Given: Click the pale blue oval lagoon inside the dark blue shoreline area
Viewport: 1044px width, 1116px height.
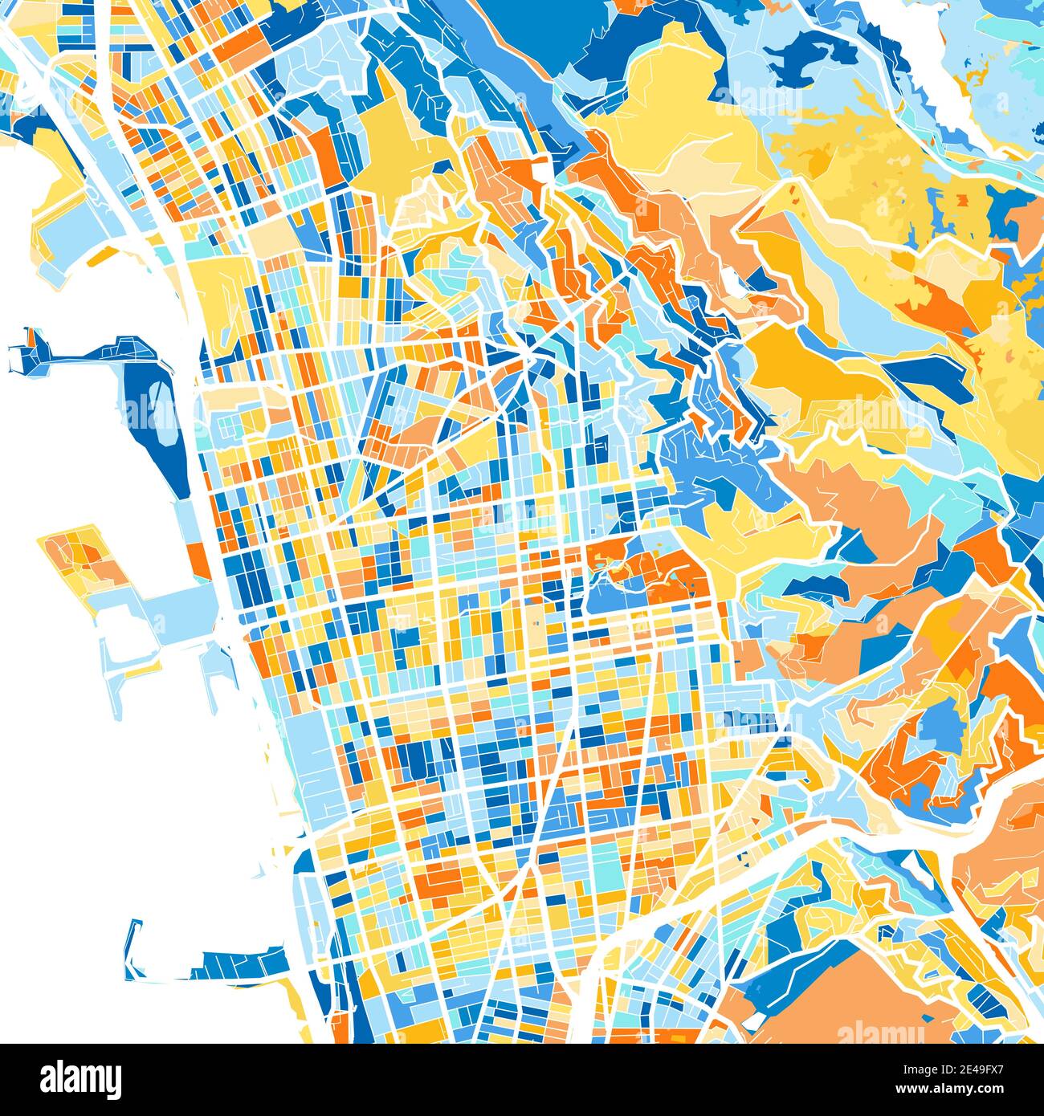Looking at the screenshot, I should click(x=161, y=413).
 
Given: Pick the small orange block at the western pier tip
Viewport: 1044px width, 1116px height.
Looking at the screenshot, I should click(x=34, y=340).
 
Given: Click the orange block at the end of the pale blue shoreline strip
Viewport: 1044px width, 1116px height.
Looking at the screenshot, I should click(x=198, y=560).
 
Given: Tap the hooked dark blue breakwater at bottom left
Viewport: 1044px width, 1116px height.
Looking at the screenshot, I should click(x=133, y=951).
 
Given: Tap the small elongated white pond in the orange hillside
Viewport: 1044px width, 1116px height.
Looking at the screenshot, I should click(x=733, y=281).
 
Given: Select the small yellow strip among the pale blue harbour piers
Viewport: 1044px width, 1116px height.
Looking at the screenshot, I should click(x=145, y=671).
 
